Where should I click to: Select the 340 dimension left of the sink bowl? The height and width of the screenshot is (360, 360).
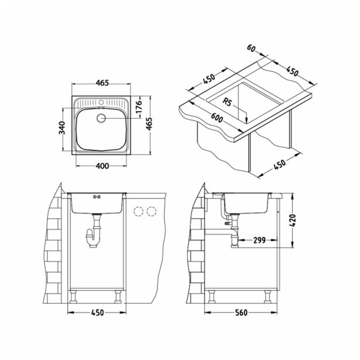[x=60, y=127]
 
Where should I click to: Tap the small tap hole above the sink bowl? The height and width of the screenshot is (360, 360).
[x=102, y=103]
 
